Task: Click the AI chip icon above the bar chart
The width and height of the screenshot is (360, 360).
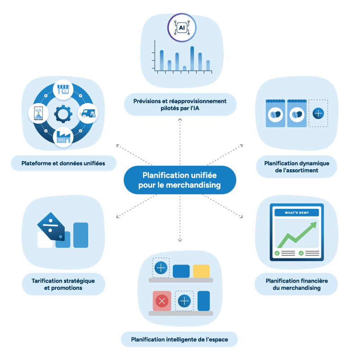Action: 182,27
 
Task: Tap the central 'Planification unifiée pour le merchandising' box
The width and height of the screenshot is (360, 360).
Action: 180,180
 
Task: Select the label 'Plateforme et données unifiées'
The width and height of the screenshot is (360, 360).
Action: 63,163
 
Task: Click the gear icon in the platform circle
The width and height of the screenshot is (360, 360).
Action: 63,113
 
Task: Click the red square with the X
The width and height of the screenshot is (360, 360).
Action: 162,301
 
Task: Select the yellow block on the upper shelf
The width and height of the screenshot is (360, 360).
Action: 201,271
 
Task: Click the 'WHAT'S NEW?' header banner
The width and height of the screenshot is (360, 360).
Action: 297,212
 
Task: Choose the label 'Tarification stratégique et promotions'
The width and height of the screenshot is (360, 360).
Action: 63,284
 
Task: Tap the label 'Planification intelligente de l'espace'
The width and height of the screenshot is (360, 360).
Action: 179,339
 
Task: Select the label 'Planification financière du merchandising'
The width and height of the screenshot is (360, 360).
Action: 297,284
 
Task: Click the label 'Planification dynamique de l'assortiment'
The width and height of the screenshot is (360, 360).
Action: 297,167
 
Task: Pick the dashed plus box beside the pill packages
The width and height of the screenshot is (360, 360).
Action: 318,113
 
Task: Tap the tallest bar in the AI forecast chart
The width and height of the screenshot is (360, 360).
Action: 192,58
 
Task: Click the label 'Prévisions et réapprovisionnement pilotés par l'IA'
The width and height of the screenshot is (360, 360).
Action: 180,104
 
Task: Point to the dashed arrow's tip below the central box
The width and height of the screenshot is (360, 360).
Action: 180,241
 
